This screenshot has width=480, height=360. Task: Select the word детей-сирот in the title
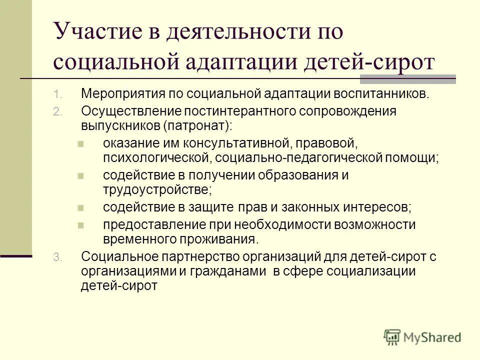coord(384,63)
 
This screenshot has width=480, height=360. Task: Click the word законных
coord(309,206)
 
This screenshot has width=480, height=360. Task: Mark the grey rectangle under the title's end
coord(407,78)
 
